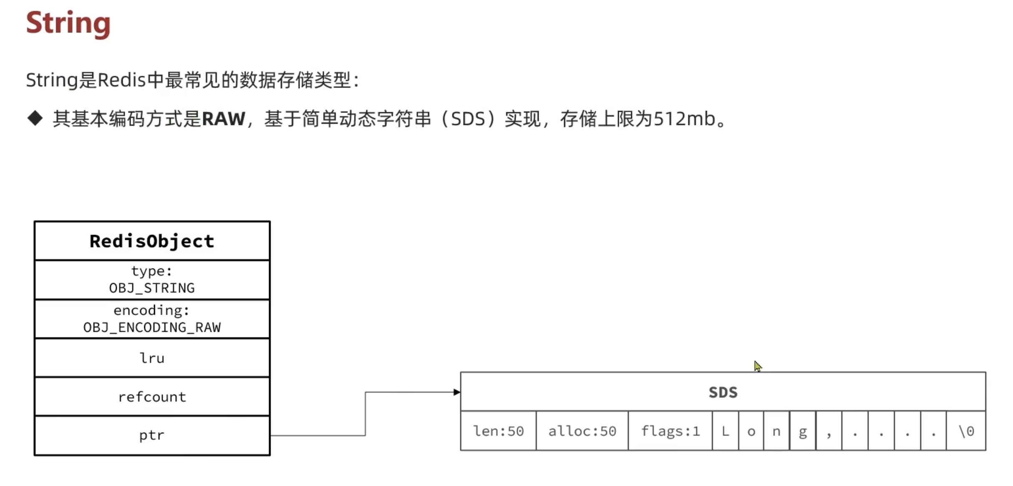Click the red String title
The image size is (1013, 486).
point(68,23)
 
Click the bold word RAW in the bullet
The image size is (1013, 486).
point(224,119)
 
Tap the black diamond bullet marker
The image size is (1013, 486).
point(35,118)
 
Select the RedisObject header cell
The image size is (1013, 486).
point(152,241)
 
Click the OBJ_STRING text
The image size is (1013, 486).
point(152,288)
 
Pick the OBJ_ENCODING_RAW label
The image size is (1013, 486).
point(152,328)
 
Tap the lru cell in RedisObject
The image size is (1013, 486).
point(152,358)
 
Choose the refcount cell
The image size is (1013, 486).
point(152,397)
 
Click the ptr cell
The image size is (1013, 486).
point(152,436)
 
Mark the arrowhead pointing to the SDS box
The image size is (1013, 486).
point(457,392)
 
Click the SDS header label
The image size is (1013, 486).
point(723,392)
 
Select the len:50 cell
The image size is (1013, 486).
point(498,431)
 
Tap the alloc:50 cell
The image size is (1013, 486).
point(582,431)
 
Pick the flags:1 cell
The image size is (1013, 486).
point(670,431)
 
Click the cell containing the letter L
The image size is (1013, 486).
point(726,431)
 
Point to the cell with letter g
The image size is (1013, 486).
point(803,431)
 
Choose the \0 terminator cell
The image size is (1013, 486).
point(966,431)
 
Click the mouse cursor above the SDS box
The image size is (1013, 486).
point(758,366)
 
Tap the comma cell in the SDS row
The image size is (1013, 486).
point(829,431)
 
